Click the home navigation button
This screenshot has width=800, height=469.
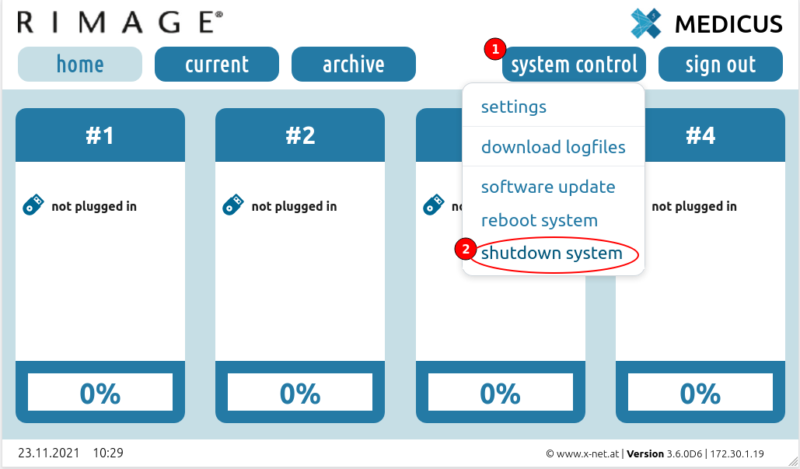click(80, 65)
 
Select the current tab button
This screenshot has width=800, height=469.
click(217, 65)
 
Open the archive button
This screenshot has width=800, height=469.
click(354, 65)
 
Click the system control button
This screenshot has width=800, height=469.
click(574, 65)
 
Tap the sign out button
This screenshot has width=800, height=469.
click(721, 65)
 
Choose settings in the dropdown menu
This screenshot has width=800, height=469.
click(514, 107)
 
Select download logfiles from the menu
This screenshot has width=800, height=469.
click(553, 147)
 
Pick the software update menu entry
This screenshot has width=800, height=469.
click(548, 187)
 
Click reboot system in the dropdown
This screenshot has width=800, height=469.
click(540, 220)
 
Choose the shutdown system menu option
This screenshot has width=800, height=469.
click(551, 253)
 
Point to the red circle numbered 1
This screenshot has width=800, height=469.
click(495, 50)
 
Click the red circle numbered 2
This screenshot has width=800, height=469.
click(465, 250)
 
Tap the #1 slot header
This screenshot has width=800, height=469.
click(100, 135)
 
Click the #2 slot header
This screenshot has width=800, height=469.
click(300, 135)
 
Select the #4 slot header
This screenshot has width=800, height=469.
click(700, 135)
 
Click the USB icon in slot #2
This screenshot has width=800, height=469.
click(233, 205)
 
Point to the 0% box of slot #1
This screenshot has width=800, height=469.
click(100, 392)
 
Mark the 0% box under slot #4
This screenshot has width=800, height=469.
click(700, 392)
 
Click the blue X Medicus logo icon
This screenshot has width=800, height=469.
click(646, 23)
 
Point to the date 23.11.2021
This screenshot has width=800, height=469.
click(48, 453)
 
